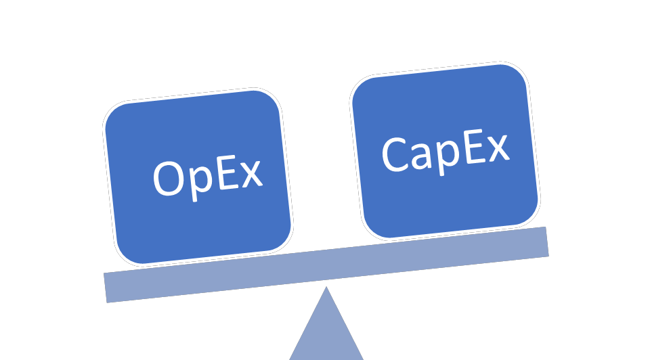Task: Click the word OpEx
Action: pos(207,176)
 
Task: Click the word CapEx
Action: pos(445,150)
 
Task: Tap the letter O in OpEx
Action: pos(168,179)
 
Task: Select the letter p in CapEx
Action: pos(448,156)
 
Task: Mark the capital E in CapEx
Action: pos(473,147)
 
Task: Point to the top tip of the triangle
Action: pos(326,289)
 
